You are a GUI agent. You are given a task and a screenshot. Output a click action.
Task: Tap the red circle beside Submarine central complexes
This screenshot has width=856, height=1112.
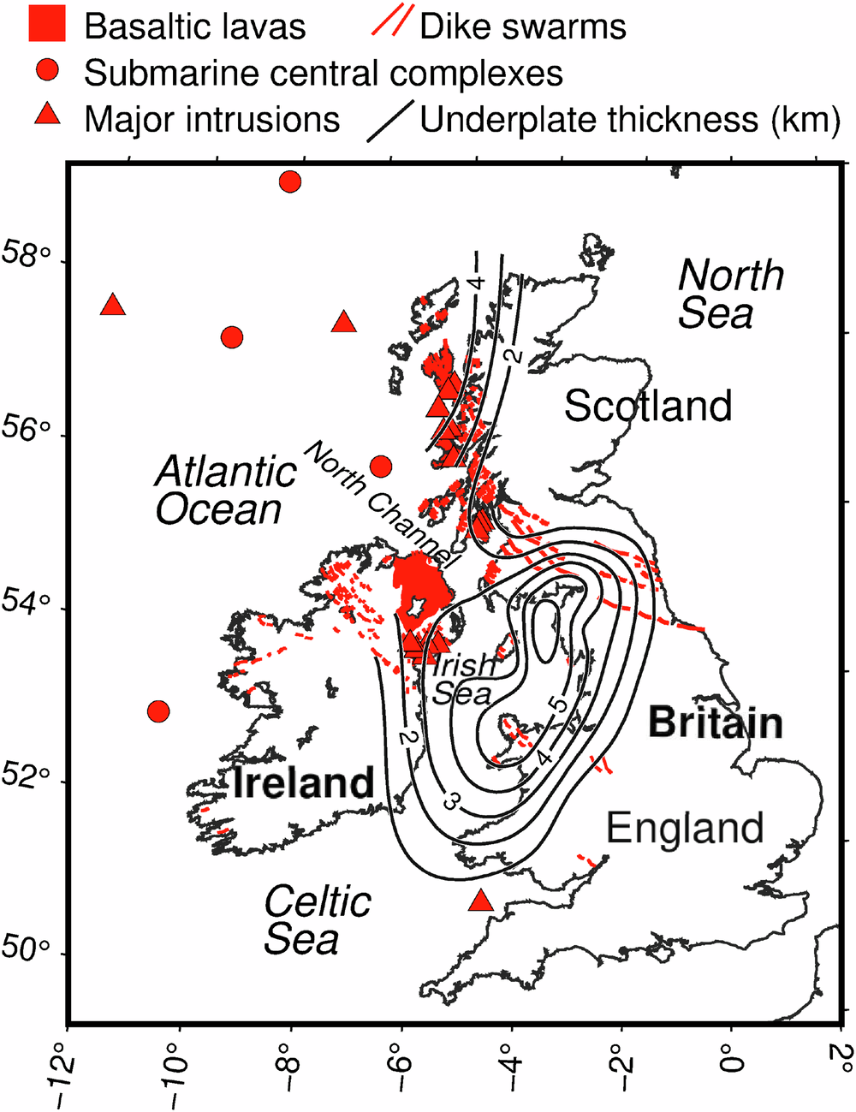click(47, 70)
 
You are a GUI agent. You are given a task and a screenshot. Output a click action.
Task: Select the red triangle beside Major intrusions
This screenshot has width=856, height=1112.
click(47, 115)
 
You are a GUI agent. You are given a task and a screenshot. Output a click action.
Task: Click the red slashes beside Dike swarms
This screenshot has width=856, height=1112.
click(392, 21)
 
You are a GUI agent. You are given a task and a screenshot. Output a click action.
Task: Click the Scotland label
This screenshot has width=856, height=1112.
click(648, 406)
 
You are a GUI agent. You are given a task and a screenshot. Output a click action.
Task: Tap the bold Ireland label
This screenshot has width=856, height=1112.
click(303, 782)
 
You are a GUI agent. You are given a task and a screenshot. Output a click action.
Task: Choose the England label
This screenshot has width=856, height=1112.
click(685, 828)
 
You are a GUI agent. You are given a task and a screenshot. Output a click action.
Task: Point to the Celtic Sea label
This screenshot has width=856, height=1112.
click(317, 920)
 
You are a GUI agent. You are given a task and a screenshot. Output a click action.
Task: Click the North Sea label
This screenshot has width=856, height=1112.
click(729, 294)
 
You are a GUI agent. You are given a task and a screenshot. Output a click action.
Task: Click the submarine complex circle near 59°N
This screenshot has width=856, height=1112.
click(290, 181)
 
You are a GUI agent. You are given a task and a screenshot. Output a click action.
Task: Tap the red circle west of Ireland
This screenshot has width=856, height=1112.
click(158, 711)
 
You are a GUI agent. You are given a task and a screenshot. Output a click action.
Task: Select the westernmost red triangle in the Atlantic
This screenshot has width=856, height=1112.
click(113, 306)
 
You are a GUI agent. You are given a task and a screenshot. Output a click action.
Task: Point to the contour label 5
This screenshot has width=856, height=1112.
click(558, 704)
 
